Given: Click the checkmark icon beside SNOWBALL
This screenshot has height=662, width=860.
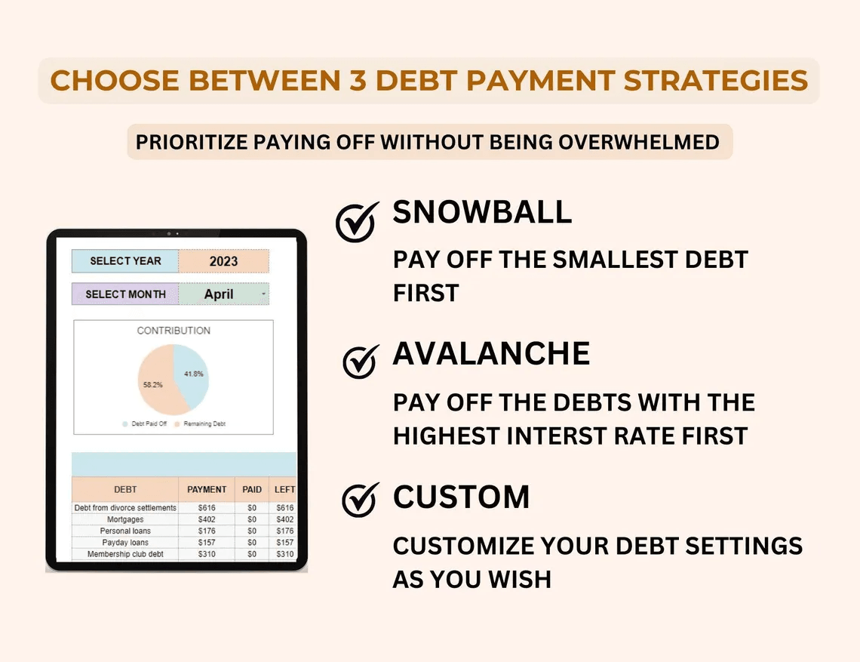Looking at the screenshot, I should coord(356,222).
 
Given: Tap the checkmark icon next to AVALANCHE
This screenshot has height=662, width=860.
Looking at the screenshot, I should coord(360,362).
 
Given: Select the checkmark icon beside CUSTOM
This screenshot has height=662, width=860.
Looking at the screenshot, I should coord(360,499).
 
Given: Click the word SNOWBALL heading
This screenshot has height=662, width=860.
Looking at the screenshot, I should coord(482,213).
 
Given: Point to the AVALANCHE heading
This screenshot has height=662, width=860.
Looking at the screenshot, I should coord(491,353).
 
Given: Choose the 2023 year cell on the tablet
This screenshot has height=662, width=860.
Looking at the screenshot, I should coord(223,261).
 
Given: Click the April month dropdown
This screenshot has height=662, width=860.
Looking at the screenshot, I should coord(223,294).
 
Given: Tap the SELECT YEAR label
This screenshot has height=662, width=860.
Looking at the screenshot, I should coord(125,261).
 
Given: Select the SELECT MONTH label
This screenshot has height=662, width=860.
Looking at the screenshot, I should coord(125,294).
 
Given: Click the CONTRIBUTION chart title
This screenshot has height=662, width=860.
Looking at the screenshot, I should coord(174,331).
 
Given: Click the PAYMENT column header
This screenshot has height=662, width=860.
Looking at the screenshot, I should coord(207,489).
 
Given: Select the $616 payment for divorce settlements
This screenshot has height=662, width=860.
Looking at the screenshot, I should coord(207,508).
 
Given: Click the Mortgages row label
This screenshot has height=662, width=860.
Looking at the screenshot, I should coord(125,519).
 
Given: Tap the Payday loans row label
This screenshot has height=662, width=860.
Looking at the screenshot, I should coord(125,542).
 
